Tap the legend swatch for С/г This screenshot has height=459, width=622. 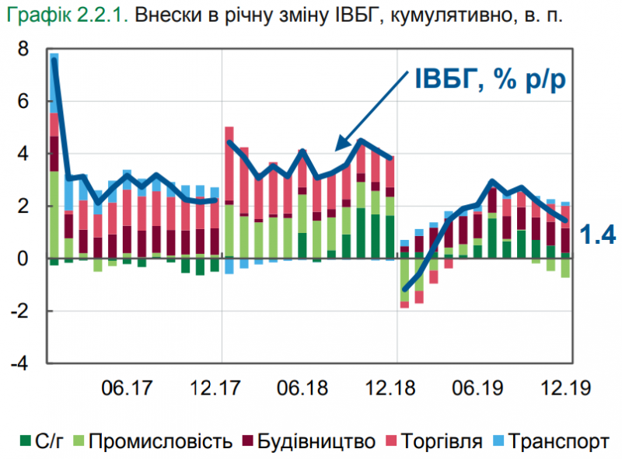26,442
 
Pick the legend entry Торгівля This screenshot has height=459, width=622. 435,442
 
